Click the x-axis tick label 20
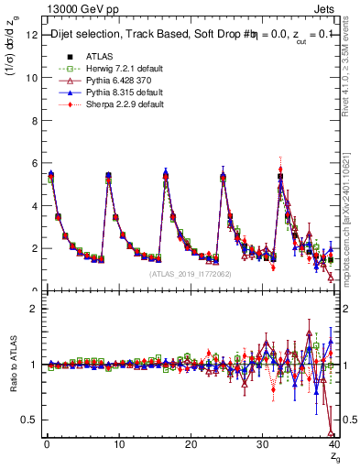[190, 444]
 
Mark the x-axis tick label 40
[333, 444]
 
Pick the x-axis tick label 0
[46, 444]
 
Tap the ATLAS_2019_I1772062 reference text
[190, 274]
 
